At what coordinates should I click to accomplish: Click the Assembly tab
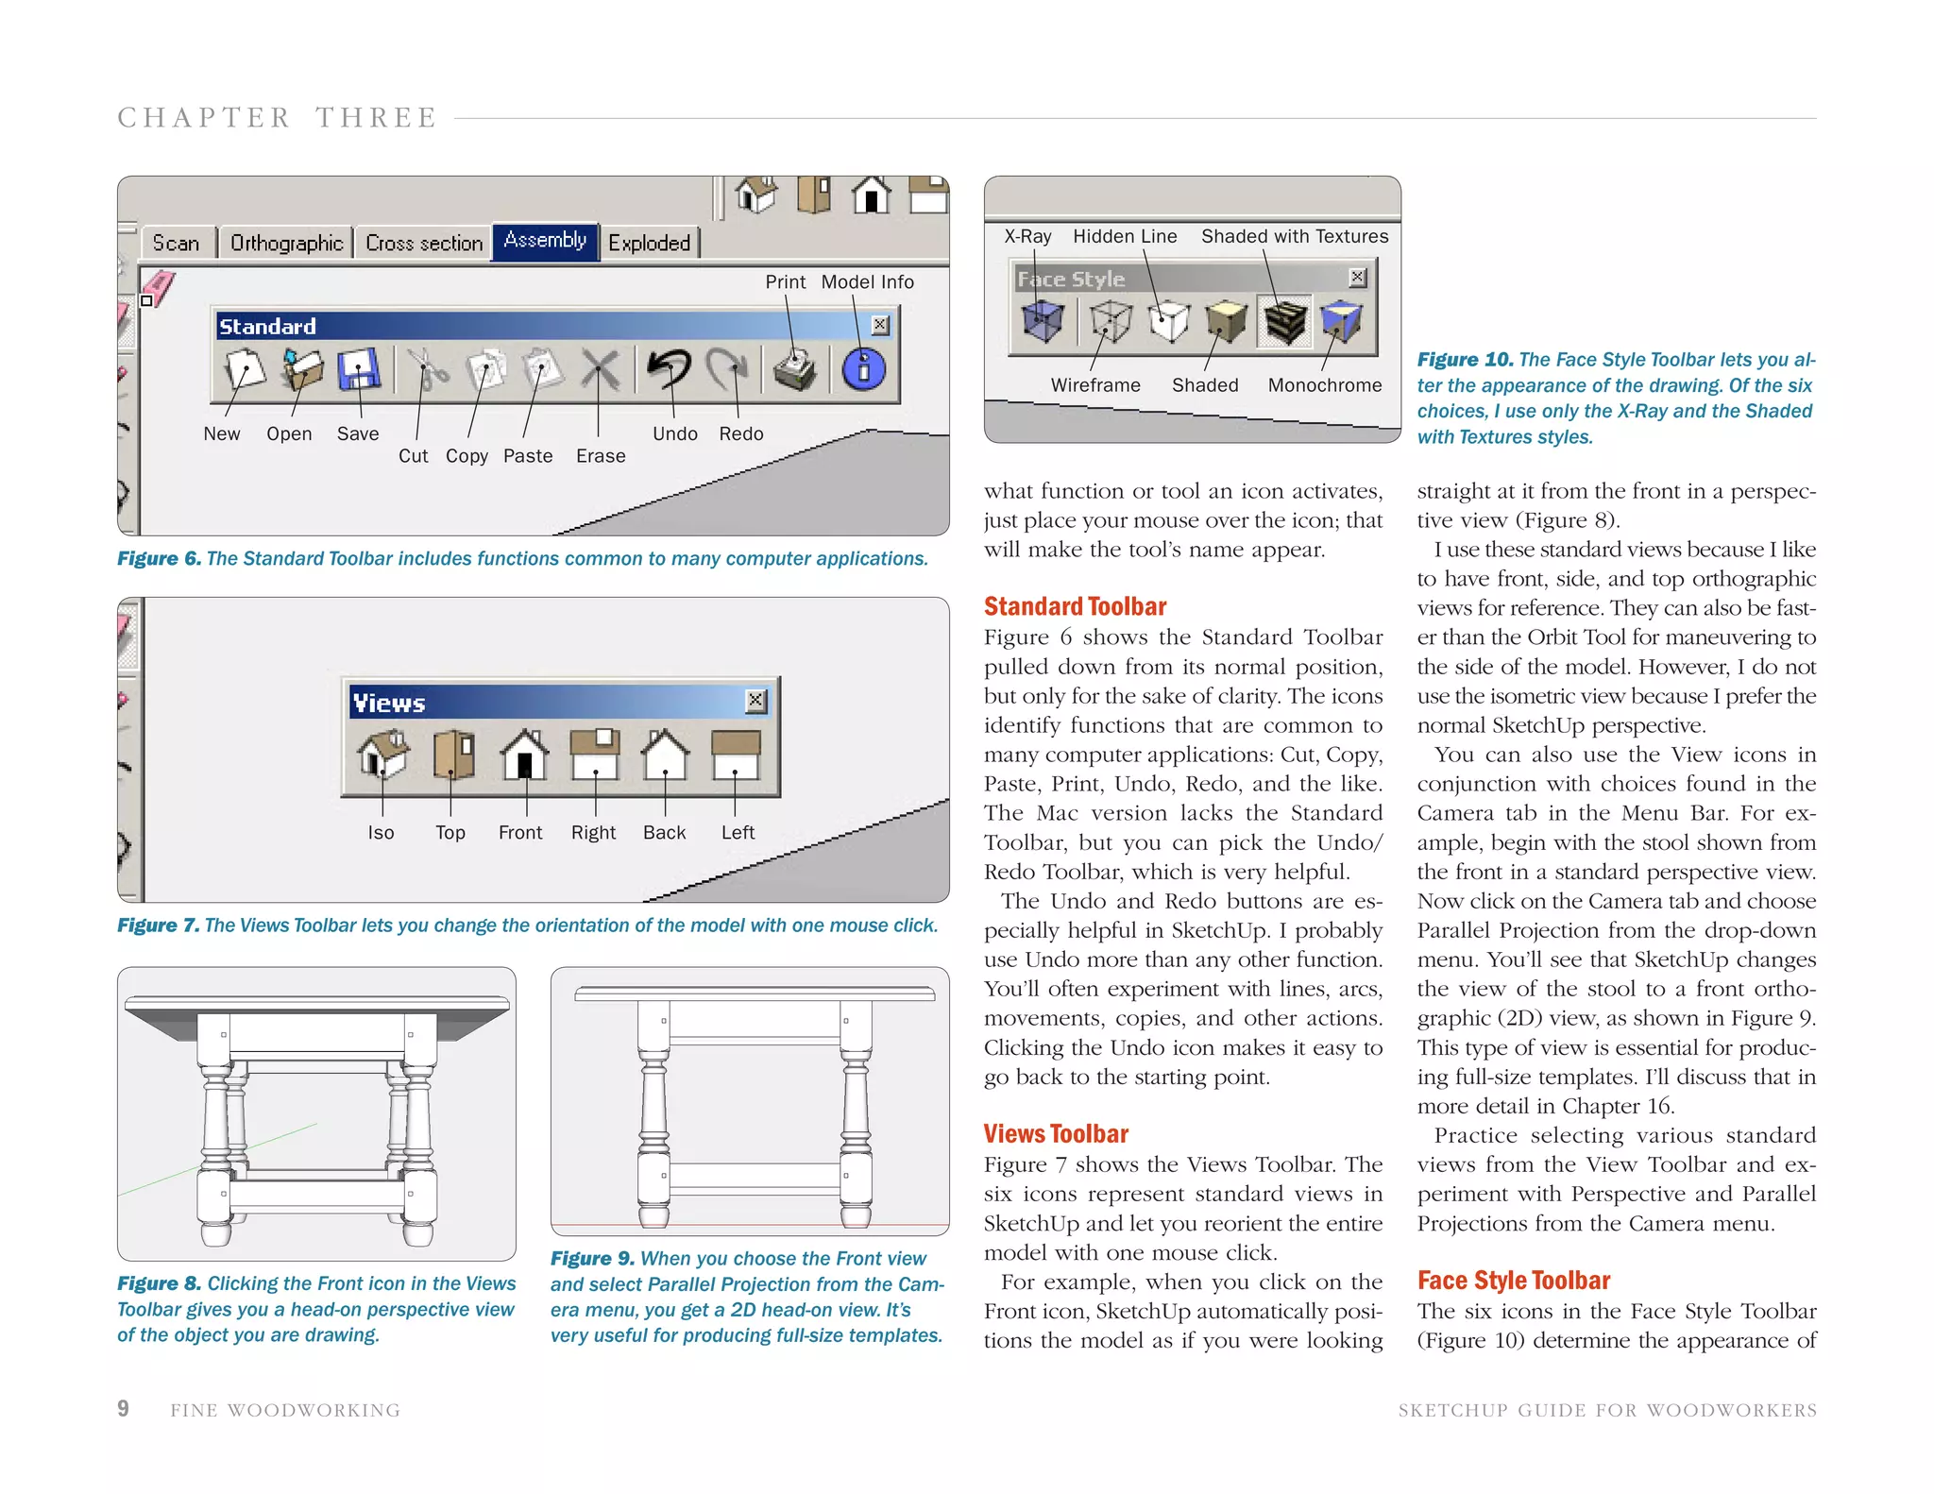pyautogui.click(x=545, y=241)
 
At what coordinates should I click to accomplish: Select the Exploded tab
pyautogui.click(x=649, y=244)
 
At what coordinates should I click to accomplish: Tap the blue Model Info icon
pyautogui.click(x=863, y=369)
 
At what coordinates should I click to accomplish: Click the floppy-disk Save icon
pyautogui.click(x=358, y=369)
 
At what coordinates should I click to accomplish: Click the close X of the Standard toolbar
pyautogui.click(x=879, y=326)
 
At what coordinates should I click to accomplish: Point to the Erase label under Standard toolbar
pyautogui.click(x=601, y=456)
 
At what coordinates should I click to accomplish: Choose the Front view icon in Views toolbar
pyautogui.click(x=524, y=755)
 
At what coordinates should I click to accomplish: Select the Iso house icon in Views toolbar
pyautogui.click(x=382, y=755)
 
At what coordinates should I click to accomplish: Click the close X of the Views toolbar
pyautogui.click(x=755, y=701)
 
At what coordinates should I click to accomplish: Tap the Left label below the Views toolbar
pyautogui.click(x=738, y=833)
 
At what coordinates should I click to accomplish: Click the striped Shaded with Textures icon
pyautogui.click(x=1284, y=321)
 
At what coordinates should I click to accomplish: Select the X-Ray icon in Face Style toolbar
pyautogui.click(x=1043, y=321)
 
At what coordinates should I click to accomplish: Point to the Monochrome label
pyautogui.click(x=1324, y=385)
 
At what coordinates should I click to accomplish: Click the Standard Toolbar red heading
pyautogui.click(x=1075, y=606)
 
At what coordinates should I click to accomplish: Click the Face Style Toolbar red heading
pyautogui.click(x=1513, y=1281)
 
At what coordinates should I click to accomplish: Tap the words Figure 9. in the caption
pyautogui.click(x=592, y=1259)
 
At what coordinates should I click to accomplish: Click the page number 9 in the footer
pyautogui.click(x=123, y=1409)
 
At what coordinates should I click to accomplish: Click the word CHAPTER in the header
pyautogui.click(x=204, y=118)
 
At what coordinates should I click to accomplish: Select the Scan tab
pyautogui.click(x=176, y=244)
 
